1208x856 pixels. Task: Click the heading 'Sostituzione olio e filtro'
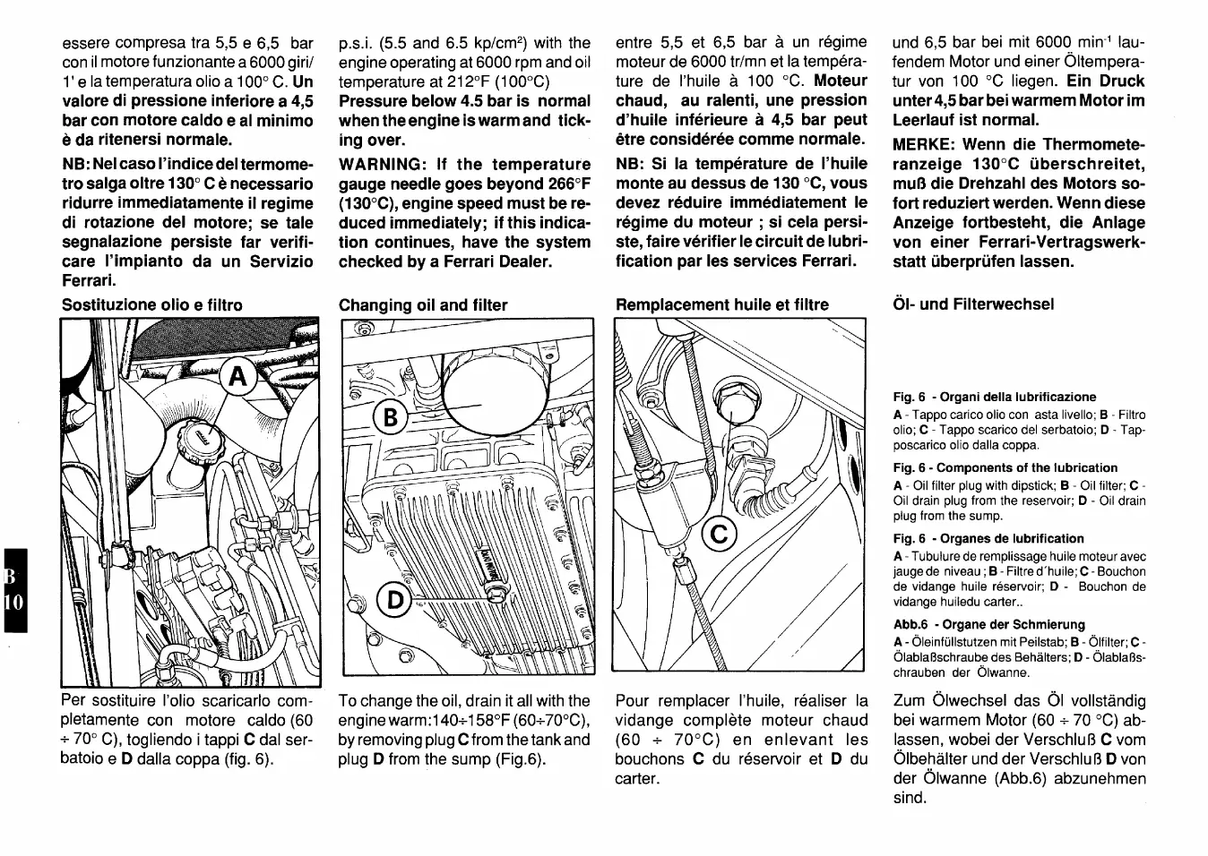(x=151, y=305)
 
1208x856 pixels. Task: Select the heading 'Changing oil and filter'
(x=423, y=305)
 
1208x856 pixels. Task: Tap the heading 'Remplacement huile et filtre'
(x=722, y=305)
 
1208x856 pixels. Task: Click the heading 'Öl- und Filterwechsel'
(x=974, y=304)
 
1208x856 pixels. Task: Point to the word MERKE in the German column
(x=922, y=145)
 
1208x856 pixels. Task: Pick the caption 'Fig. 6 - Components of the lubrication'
(x=1005, y=468)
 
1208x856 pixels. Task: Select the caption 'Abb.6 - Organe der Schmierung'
(x=988, y=625)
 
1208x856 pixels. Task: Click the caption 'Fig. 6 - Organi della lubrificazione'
(x=994, y=397)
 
